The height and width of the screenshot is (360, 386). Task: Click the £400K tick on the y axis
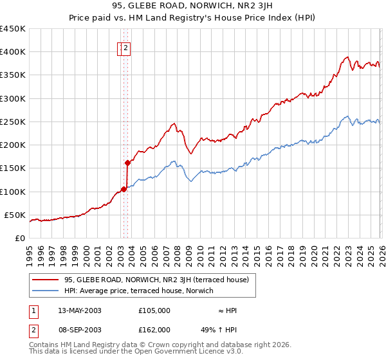13,52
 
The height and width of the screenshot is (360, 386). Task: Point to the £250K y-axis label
13,122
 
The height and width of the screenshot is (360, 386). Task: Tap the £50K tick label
15,215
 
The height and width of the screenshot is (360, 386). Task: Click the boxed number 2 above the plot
127,47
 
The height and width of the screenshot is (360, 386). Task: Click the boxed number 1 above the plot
121,47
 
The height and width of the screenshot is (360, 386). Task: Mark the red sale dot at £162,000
127,163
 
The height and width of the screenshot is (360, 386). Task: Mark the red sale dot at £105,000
124,189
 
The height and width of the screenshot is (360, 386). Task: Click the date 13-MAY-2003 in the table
80,310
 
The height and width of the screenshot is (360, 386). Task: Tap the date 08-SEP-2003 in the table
80,329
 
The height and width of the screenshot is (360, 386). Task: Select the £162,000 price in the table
154,329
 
